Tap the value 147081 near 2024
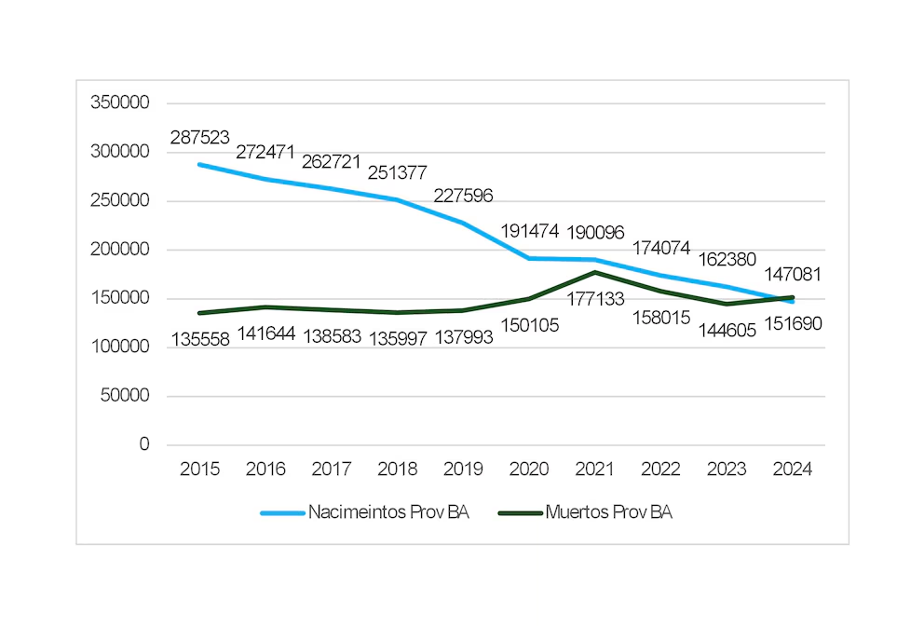(792, 275)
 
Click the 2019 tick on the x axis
(463, 469)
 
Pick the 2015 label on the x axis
(199, 469)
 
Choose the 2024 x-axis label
(792, 469)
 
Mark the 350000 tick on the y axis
(120, 103)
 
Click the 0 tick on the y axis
(144, 444)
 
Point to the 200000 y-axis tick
(120, 250)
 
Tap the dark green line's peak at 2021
(594, 272)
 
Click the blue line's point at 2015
(199, 164)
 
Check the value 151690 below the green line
(792, 323)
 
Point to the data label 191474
(529, 232)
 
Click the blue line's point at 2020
(529, 258)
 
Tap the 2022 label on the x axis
(660, 469)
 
